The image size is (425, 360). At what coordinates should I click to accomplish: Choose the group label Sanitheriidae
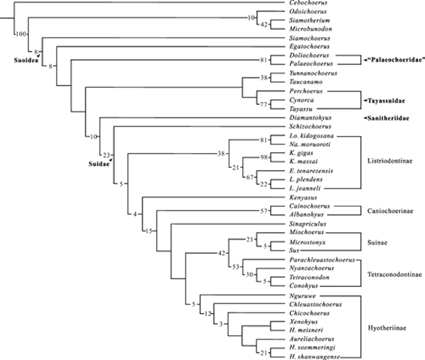tap(390, 118)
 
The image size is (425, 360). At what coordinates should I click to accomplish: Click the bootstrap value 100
tap(21, 33)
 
